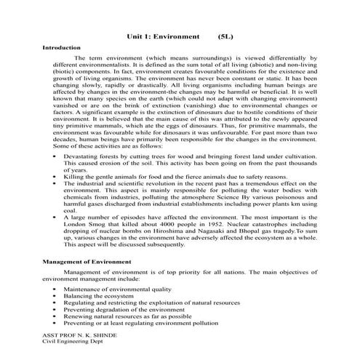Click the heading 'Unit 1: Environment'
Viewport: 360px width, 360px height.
(x=163, y=35)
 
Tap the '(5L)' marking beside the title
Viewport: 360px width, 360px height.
(x=228, y=35)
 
